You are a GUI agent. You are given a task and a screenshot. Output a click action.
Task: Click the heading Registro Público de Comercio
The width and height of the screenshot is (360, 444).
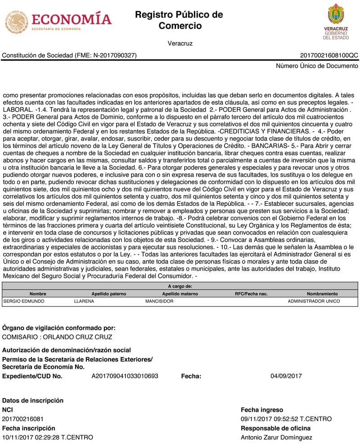pos(179,20)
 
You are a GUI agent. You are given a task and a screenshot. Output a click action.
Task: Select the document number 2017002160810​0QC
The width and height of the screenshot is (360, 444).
pos(329,55)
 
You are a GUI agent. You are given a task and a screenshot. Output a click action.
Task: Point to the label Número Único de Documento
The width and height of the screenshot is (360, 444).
pos(317,66)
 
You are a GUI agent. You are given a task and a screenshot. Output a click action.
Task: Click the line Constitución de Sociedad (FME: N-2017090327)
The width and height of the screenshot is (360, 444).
pos(69,55)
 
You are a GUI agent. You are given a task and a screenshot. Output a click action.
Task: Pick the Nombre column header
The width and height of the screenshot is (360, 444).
pos(38,294)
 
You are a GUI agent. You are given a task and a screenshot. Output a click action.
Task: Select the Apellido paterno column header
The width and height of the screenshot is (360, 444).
pos(109,294)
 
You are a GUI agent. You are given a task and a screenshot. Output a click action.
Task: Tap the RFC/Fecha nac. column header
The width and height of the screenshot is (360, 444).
pos(251,294)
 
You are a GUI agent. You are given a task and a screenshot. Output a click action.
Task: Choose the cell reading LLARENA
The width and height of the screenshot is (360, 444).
pos(84,301)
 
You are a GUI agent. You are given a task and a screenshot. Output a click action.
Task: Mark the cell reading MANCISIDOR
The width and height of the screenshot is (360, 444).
pos(159,301)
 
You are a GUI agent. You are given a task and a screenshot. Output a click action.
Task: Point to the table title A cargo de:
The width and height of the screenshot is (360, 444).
pos(180,286)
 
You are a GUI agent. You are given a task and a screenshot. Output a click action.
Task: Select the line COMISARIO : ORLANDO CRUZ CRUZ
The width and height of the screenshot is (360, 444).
pos(57,337)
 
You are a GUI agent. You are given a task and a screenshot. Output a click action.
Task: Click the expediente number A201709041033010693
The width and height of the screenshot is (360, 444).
pos(125,376)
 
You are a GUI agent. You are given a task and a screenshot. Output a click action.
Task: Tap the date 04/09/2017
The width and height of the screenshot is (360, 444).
pos(286,376)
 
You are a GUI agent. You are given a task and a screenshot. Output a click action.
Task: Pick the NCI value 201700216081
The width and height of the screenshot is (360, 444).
pos(23,419)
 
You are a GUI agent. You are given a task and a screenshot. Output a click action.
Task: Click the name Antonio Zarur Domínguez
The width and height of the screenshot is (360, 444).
pos(276,437)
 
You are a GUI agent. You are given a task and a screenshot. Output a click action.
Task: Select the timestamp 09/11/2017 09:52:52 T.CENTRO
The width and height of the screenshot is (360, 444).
pos(286,419)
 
